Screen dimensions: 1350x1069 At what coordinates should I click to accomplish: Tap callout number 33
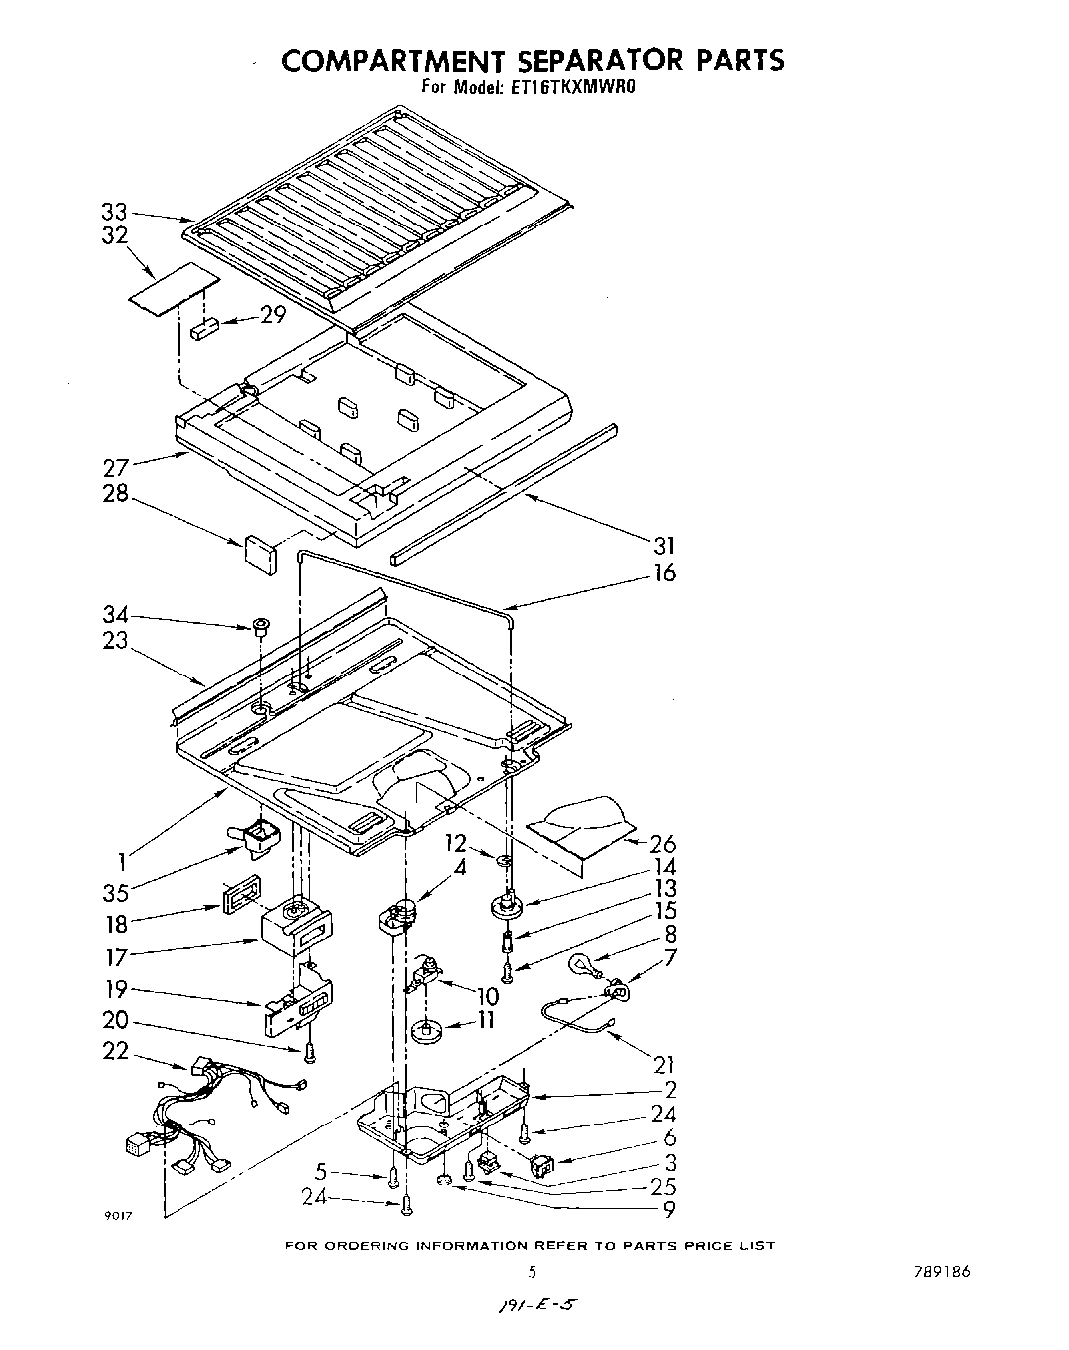(114, 212)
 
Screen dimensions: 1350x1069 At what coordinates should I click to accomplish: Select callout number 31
(664, 545)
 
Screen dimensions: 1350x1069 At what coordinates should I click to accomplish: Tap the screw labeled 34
(260, 627)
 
